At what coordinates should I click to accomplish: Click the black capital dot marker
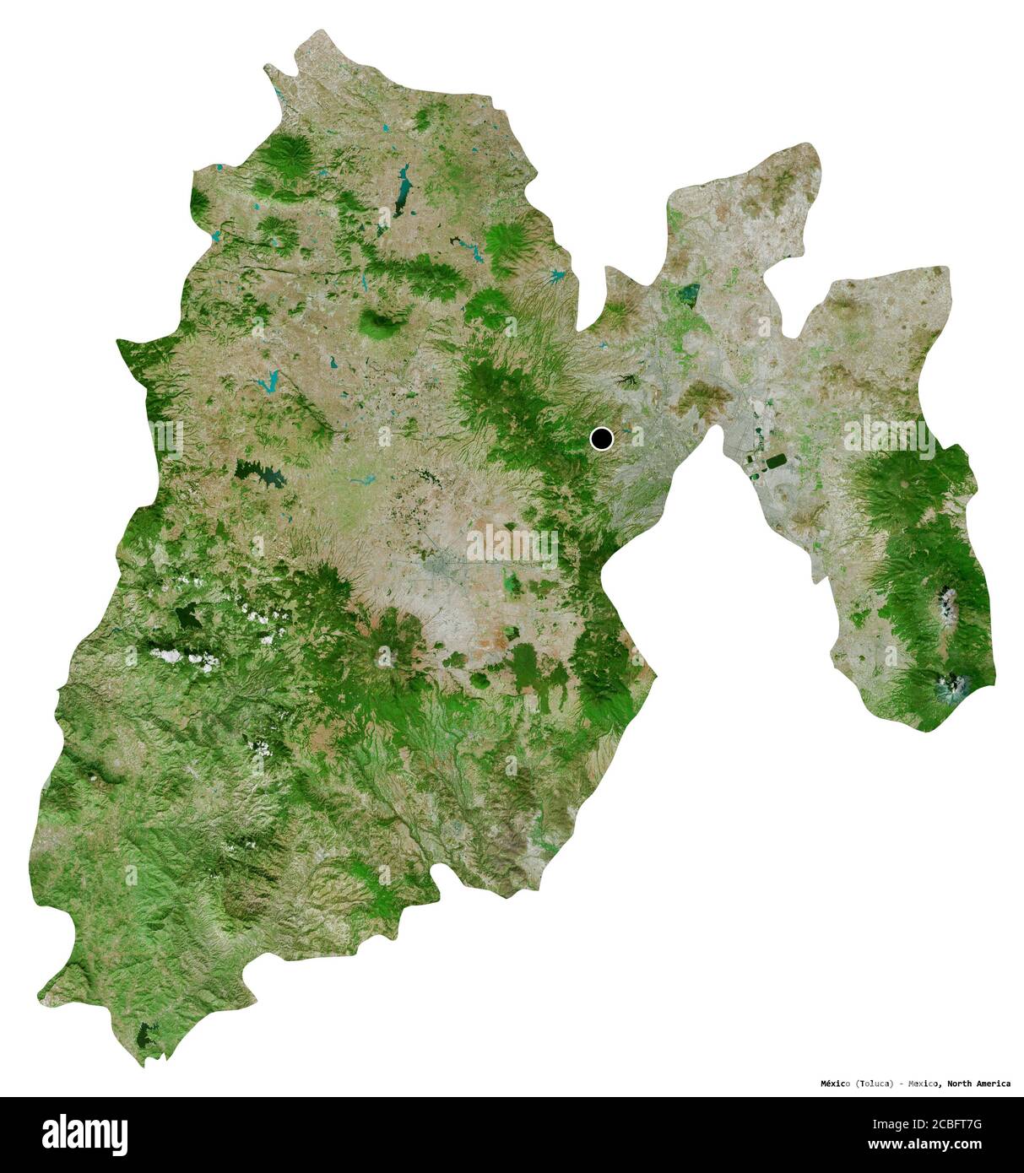point(601,439)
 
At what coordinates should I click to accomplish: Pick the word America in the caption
point(993,1083)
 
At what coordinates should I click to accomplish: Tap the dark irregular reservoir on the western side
point(262,475)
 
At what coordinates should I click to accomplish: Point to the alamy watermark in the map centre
point(512,547)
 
